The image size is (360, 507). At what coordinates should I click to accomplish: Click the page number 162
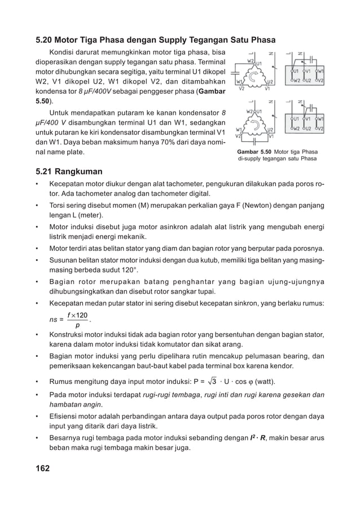pos(43,469)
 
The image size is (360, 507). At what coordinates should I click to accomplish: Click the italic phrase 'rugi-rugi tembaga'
pos(166,395)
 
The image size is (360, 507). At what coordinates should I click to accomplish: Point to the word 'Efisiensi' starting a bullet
pos(64,416)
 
